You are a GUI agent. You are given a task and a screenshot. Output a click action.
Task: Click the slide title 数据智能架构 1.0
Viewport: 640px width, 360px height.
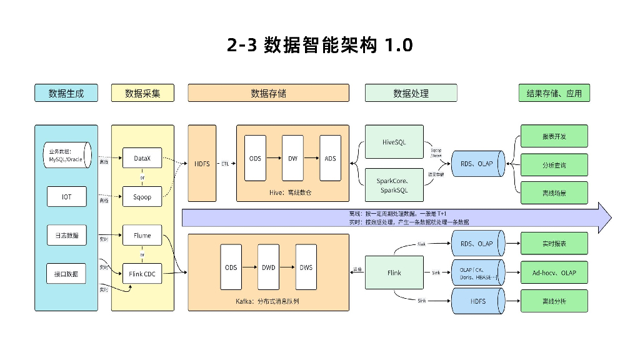(x=319, y=46)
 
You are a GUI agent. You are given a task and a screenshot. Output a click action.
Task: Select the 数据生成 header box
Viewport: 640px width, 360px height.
(x=66, y=93)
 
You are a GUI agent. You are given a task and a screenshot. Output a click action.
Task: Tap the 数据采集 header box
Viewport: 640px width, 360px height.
(x=142, y=93)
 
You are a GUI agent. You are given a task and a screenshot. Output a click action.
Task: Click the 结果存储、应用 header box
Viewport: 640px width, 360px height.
(x=554, y=93)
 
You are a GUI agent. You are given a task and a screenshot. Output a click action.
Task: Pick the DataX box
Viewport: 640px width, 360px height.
(x=142, y=159)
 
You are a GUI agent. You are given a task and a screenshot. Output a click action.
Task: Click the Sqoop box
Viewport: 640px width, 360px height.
(x=142, y=196)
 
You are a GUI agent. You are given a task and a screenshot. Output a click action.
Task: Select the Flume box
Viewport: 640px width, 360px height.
(x=142, y=236)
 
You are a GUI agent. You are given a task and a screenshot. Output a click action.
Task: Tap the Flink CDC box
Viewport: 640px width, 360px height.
(x=142, y=273)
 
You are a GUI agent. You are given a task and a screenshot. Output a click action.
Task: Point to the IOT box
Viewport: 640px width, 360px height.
(x=66, y=196)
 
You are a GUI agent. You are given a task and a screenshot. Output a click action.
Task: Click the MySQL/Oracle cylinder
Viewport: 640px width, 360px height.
(x=66, y=155)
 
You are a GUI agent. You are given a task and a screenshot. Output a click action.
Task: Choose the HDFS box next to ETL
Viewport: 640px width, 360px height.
(x=202, y=164)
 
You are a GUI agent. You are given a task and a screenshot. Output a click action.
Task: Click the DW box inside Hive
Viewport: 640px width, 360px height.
(x=292, y=159)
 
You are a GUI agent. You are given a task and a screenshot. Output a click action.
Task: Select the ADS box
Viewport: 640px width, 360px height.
(x=330, y=159)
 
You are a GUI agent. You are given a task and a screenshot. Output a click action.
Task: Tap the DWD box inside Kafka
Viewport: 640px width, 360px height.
(x=268, y=267)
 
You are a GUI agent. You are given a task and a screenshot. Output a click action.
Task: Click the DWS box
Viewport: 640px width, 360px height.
(x=306, y=267)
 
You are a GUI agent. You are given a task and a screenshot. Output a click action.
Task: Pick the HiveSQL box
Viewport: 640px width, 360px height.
(x=394, y=142)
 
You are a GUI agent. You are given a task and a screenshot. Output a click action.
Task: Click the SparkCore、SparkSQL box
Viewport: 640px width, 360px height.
(x=394, y=185)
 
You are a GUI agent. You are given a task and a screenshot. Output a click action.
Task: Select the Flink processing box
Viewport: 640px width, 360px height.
(x=394, y=273)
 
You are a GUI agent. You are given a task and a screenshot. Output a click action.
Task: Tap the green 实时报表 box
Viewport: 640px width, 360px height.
(x=554, y=243)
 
